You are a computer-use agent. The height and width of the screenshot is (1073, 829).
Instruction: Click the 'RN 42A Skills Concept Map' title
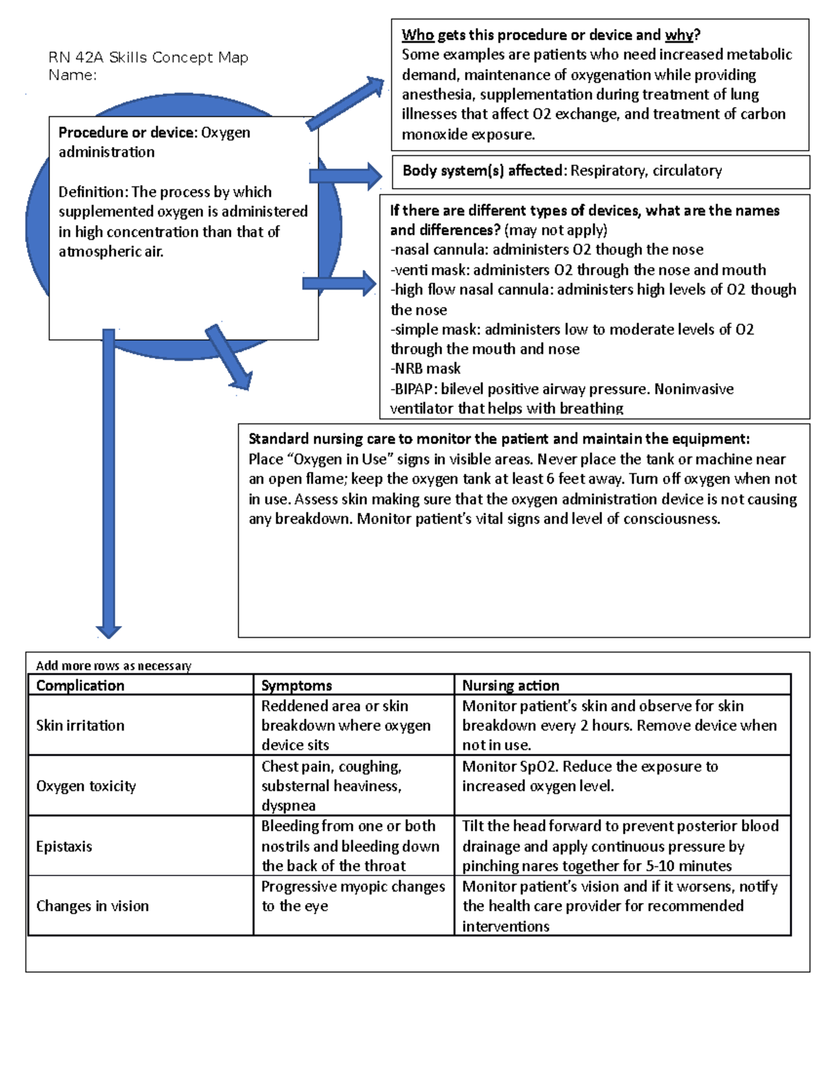(x=148, y=57)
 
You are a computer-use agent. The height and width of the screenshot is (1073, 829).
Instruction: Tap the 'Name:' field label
(x=73, y=75)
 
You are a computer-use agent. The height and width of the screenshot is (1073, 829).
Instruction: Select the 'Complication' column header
(x=80, y=685)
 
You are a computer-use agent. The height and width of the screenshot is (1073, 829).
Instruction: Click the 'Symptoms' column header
(x=296, y=685)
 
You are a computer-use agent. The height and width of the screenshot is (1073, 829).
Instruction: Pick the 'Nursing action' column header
(x=511, y=685)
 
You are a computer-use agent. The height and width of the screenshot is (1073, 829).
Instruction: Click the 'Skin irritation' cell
(x=80, y=725)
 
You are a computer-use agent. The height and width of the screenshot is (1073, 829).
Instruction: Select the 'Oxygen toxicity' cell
(x=86, y=786)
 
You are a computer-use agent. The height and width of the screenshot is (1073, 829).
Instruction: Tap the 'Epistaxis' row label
(x=64, y=846)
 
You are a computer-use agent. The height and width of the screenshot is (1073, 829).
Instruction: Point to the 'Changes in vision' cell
(x=92, y=906)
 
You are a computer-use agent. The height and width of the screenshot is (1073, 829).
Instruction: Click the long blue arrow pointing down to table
(x=108, y=484)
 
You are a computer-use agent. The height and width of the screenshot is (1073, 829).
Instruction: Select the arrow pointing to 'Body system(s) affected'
(x=345, y=176)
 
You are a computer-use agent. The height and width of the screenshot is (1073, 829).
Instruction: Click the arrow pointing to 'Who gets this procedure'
(x=345, y=104)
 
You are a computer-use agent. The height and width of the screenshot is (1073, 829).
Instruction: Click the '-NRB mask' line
(x=426, y=369)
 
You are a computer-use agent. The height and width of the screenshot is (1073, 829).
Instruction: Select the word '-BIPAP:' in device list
(x=414, y=389)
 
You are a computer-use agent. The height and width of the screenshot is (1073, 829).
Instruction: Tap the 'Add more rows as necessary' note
(x=113, y=666)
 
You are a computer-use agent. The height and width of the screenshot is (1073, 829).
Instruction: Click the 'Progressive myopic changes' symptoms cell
(x=352, y=896)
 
